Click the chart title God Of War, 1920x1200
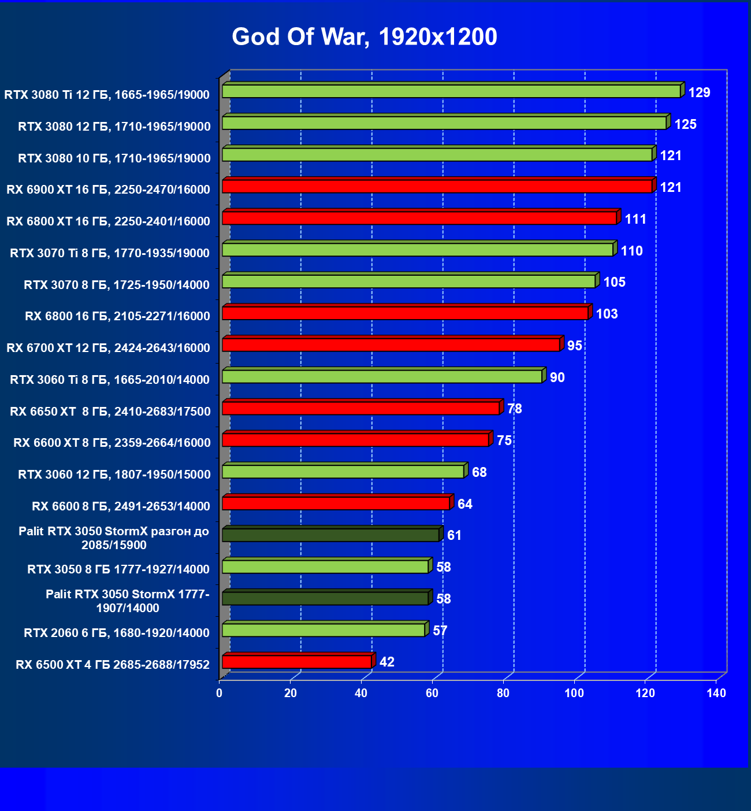[365, 37]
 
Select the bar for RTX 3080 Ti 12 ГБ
[451, 91]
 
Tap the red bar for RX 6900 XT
[437, 186]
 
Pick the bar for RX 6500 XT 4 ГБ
[297, 662]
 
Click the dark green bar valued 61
[330, 535]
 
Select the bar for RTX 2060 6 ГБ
[324, 630]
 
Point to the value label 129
[699, 92]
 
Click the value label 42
[386, 662]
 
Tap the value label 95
[575, 346]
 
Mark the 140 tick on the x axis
[716, 693]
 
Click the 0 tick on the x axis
[220, 693]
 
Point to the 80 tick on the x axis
[503, 693]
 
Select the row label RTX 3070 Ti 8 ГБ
[110, 253]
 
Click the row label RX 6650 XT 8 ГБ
[110, 412]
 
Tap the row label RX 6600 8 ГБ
[121, 506]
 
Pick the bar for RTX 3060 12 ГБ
[343, 472]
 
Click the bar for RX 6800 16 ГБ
[405, 313]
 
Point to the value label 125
[685, 124]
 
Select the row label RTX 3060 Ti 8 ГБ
[110, 380]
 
